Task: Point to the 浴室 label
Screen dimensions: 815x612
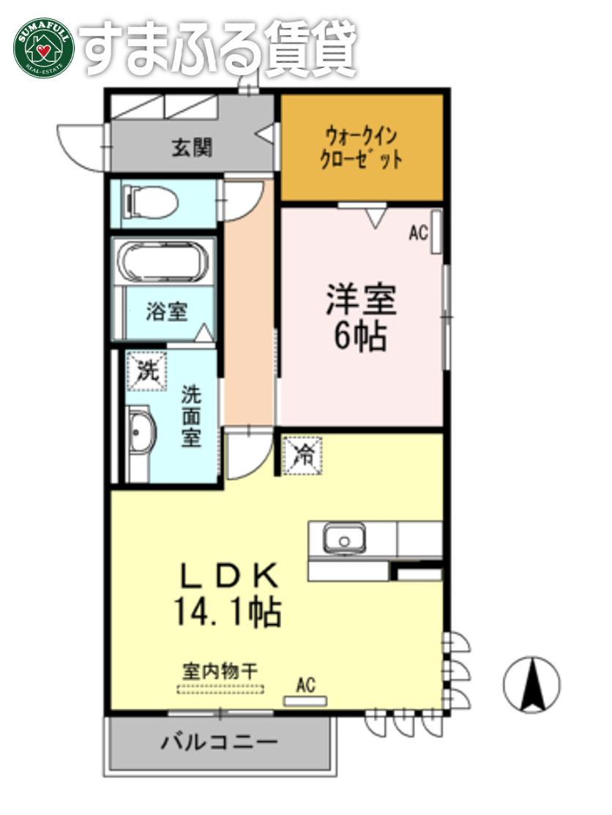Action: coord(166,312)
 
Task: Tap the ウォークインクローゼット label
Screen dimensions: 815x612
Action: coord(362,148)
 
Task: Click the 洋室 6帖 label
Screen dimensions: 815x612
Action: coord(360,317)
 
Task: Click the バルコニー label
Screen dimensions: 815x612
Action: coord(220,743)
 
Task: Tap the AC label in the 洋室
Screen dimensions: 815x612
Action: coord(418,233)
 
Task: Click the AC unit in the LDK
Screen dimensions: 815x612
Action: coord(305,701)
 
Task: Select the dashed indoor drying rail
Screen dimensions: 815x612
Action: coord(220,688)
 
